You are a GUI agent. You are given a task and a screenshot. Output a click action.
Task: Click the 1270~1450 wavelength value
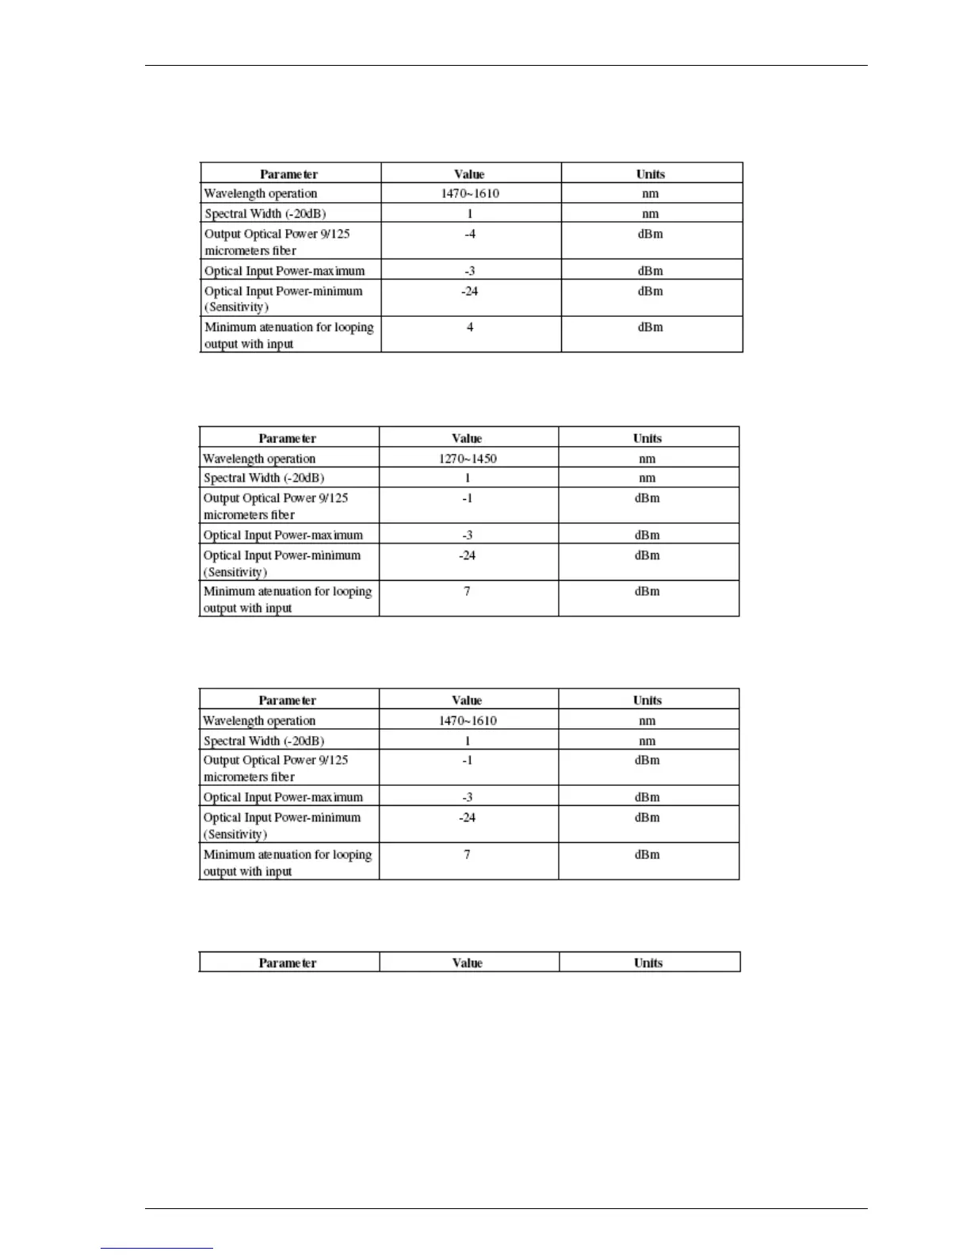tap(468, 459)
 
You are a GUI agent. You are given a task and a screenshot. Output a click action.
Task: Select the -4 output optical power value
tap(470, 234)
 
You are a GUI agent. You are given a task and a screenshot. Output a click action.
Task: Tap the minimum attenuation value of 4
tap(470, 327)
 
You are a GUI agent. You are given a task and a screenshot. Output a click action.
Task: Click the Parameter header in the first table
tap(289, 174)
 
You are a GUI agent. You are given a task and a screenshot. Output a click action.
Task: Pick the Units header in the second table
tap(647, 438)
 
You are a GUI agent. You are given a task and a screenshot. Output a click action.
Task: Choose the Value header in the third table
tap(467, 700)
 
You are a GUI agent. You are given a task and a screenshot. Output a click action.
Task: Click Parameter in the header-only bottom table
tap(288, 963)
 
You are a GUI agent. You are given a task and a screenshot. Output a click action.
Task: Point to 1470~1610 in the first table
tap(470, 193)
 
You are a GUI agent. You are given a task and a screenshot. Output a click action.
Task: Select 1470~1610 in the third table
tap(468, 720)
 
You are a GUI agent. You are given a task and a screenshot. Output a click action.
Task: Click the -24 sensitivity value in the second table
tap(467, 555)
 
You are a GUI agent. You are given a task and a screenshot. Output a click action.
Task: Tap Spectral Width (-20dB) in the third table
tap(264, 741)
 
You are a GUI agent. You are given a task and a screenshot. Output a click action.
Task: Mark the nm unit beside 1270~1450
tap(647, 459)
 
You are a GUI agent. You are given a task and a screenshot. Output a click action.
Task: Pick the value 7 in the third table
tap(467, 854)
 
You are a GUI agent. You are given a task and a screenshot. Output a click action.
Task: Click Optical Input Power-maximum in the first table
tap(285, 271)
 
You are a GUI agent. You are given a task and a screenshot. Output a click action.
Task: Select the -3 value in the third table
tap(467, 797)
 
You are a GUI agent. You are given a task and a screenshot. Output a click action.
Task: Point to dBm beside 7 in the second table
tap(647, 591)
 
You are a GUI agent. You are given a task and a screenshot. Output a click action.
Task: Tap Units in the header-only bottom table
tap(648, 963)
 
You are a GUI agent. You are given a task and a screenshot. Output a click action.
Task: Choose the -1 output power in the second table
tap(467, 498)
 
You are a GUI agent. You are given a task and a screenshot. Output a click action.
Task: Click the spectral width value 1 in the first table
tap(470, 213)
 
